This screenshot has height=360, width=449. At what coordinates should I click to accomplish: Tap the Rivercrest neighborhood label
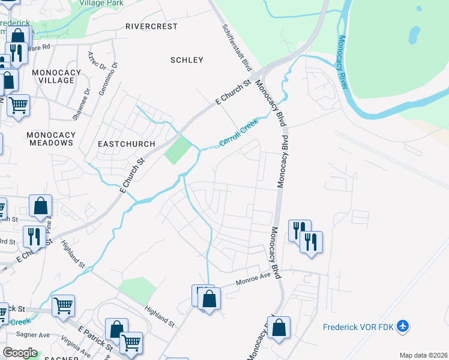point(152,26)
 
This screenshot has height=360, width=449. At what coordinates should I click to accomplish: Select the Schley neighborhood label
point(187,60)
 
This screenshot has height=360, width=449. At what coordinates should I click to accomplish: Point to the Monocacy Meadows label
point(50,139)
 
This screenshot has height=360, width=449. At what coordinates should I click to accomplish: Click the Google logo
point(20,353)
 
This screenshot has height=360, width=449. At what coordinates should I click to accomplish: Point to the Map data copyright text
point(423,355)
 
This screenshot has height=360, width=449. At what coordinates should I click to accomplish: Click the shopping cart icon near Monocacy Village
point(18,105)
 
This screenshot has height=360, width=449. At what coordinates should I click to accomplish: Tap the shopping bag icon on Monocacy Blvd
point(279,328)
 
